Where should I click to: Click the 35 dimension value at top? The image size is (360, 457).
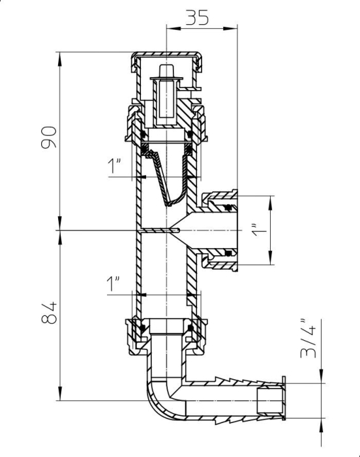click(197, 18)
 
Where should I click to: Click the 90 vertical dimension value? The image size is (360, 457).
click(49, 137)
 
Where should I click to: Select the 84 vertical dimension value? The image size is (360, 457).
click(49, 313)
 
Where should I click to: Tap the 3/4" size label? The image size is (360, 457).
click(308, 339)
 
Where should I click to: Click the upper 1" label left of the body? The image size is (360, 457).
click(114, 166)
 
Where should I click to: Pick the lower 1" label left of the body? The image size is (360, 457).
click(113, 284)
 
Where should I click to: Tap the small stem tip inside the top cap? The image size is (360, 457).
click(166, 71)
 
